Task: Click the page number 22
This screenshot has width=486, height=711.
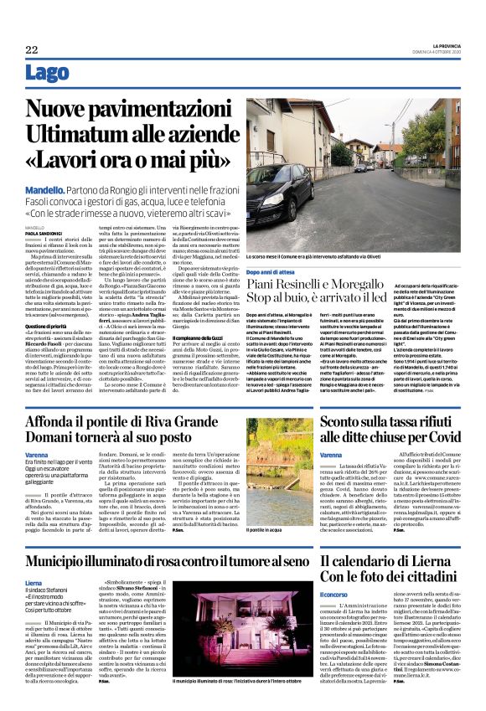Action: tap(32, 51)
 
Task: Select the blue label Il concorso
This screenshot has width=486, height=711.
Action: tap(333, 595)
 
